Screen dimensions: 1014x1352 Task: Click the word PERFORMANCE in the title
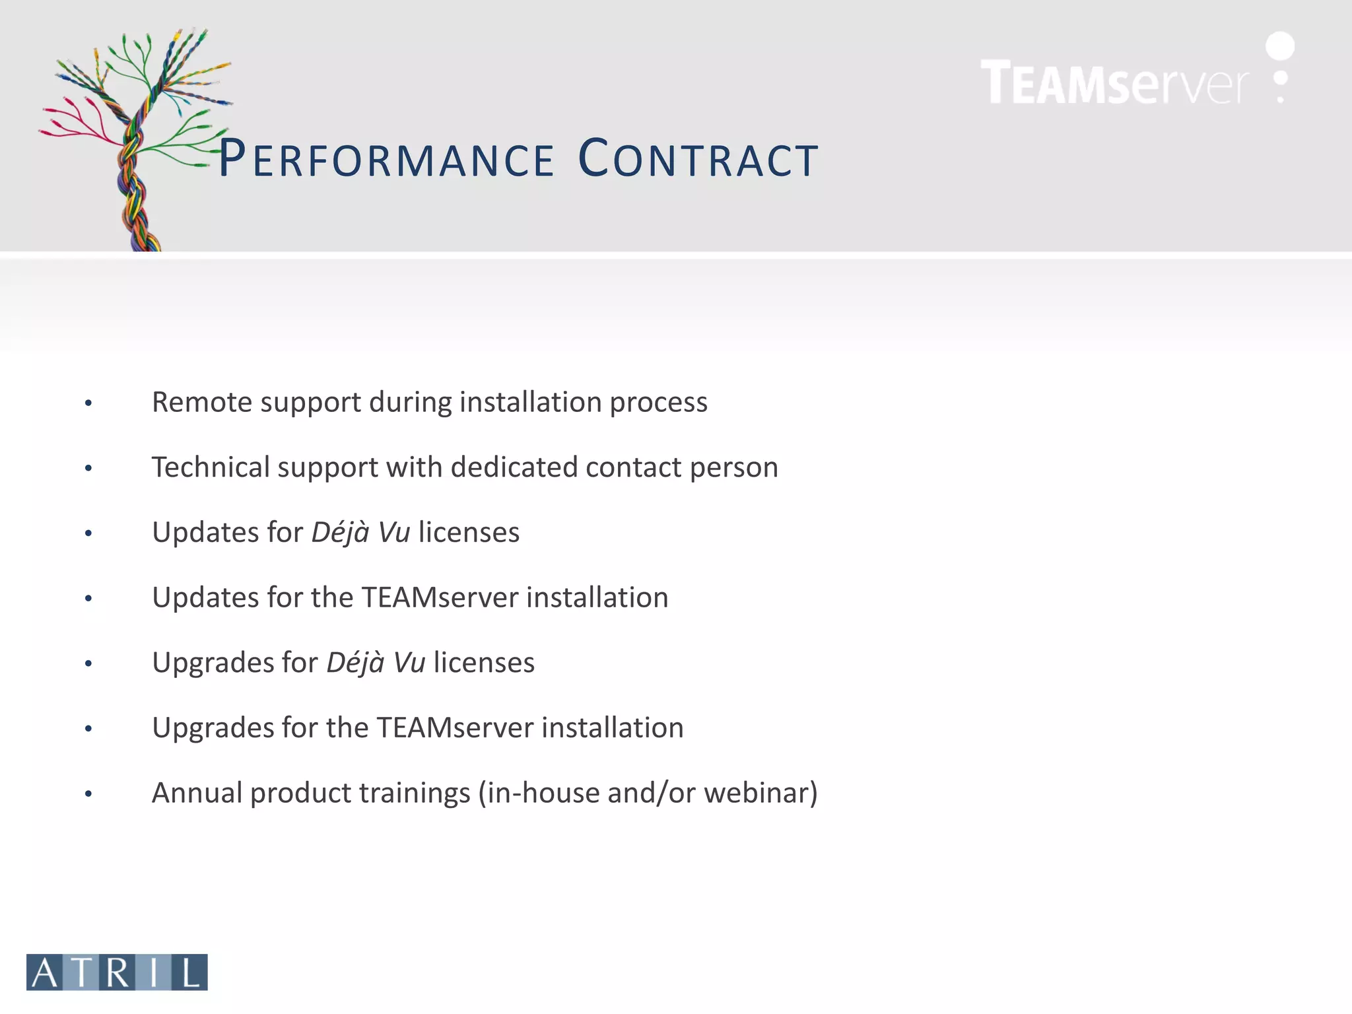coord(386,160)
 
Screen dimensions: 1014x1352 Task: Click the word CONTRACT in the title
coord(698,160)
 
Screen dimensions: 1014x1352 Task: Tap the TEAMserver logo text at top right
coord(1114,83)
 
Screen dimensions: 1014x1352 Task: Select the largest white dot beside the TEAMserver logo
coord(1279,46)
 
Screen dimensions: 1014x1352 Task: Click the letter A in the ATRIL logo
coord(45,972)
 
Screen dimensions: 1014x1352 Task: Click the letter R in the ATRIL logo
coord(118,972)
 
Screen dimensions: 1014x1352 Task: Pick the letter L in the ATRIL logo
coord(190,972)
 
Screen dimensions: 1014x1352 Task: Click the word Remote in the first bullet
coord(201,402)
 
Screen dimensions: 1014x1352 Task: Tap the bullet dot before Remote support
coord(88,403)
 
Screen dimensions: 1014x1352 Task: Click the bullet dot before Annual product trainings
coord(88,794)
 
